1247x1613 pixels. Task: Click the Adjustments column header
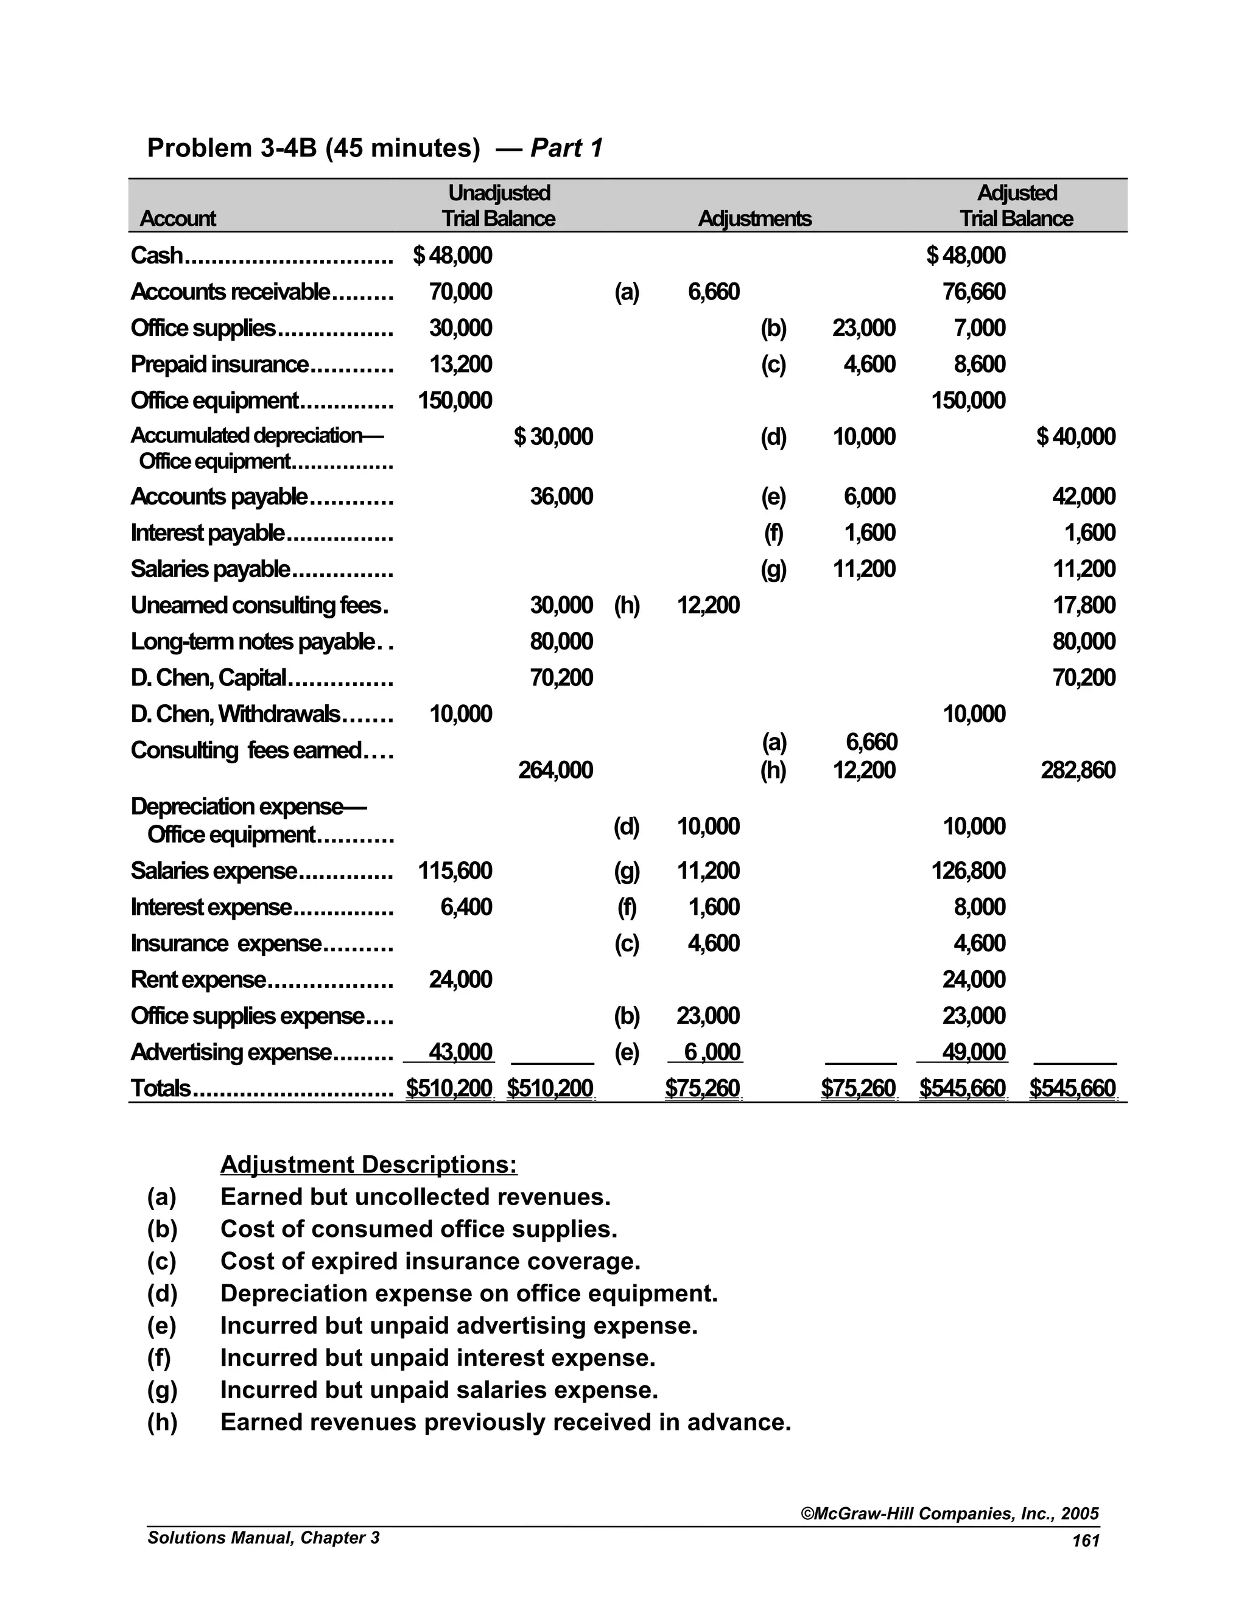pyautogui.click(x=754, y=219)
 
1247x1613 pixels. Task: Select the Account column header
pyautogui.click(x=177, y=219)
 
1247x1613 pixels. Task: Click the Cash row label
pyautogui.click(x=156, y=256)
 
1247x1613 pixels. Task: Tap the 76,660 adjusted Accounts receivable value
pyautogui.click(x=974, y=292)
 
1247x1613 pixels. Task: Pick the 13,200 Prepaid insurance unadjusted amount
pyautogui.click(x=460, y=364)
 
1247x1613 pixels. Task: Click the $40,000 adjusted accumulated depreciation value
pyautogui.click(x=1076, y=436)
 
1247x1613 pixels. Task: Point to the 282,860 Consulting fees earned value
pyautogui.click(x=1078, y=771)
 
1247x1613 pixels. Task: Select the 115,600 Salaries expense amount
pyautogui.click(x=455, y=871)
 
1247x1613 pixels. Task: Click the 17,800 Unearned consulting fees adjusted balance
pyautogui.click(x=1084, y=606)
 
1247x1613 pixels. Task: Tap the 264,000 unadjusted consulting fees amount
pyautogui.click(x=555, y=771)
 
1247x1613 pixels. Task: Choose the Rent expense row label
pyautogui.click(x=198, y=980)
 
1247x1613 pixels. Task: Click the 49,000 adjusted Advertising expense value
pyautogui.click(x=974, y=1052)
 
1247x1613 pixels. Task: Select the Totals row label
pyautogui.click(x=160, y=1089)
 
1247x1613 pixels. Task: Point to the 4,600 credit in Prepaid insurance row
pyautogui.click(x=869, y=364)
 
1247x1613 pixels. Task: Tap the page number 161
pyautogui.click(x=1085, y=1541)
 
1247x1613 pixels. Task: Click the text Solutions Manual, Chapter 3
pyautogui.click(x=263, y=1538)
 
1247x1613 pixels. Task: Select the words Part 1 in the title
pyautogui.click(x=567, y=149)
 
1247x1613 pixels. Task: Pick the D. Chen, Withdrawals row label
pyautogui.click(x=235, y=714)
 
